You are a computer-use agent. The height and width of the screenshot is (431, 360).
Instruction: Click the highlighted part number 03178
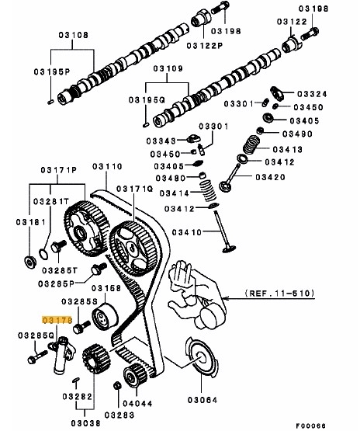coord(57,319)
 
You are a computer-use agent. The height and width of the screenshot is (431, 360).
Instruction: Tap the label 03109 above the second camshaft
coord(168,69)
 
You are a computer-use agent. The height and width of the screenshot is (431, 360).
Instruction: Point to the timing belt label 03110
coord(107,166)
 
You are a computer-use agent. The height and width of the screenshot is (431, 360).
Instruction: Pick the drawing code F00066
coord(332,423)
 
